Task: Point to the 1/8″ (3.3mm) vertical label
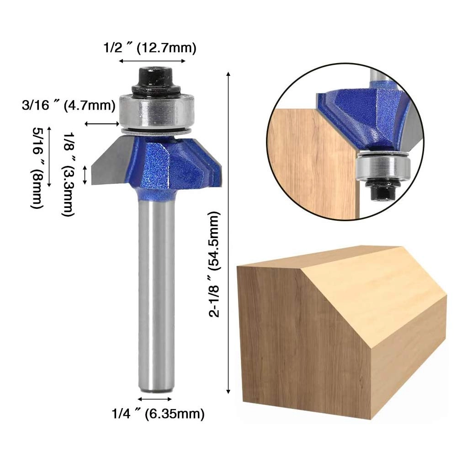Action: pos(68,174)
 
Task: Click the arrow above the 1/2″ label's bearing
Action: pos(152,61)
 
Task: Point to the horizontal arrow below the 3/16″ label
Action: pos(101,123)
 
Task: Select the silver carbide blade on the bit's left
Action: pos(110,162)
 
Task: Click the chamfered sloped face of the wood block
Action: pos(366,292)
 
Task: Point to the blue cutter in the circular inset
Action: pos(361,119)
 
